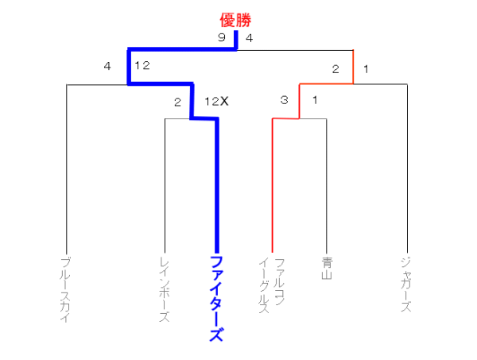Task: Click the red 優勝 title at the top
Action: [x=235, y=20]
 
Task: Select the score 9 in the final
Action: [x=222, y=37]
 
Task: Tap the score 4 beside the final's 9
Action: [x=249, y=38]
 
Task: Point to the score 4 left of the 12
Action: [x=107, y=66]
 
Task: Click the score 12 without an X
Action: [x=142, y=65]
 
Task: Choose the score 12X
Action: [x=216, y=101]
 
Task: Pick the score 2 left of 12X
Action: [x=177, y=102]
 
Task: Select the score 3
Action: [x=284, y=99]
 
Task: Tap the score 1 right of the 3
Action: [x=315, y=99]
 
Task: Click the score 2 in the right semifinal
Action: [x=335, y=69]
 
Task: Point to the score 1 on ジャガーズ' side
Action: [x=366, y=69]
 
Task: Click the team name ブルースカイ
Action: [x=65, y=290]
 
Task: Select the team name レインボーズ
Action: [x=165, y=290]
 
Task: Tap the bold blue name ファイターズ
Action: [x=217, y=299]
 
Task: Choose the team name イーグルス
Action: [x=263, y=286]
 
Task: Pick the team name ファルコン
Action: [x=279, y=281]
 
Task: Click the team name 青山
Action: [x=327, y=268]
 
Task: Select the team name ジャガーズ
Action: [x=406, y=285]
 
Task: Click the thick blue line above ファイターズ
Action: [x=217, y=185]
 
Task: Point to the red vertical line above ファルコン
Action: [x=272, y=185]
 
